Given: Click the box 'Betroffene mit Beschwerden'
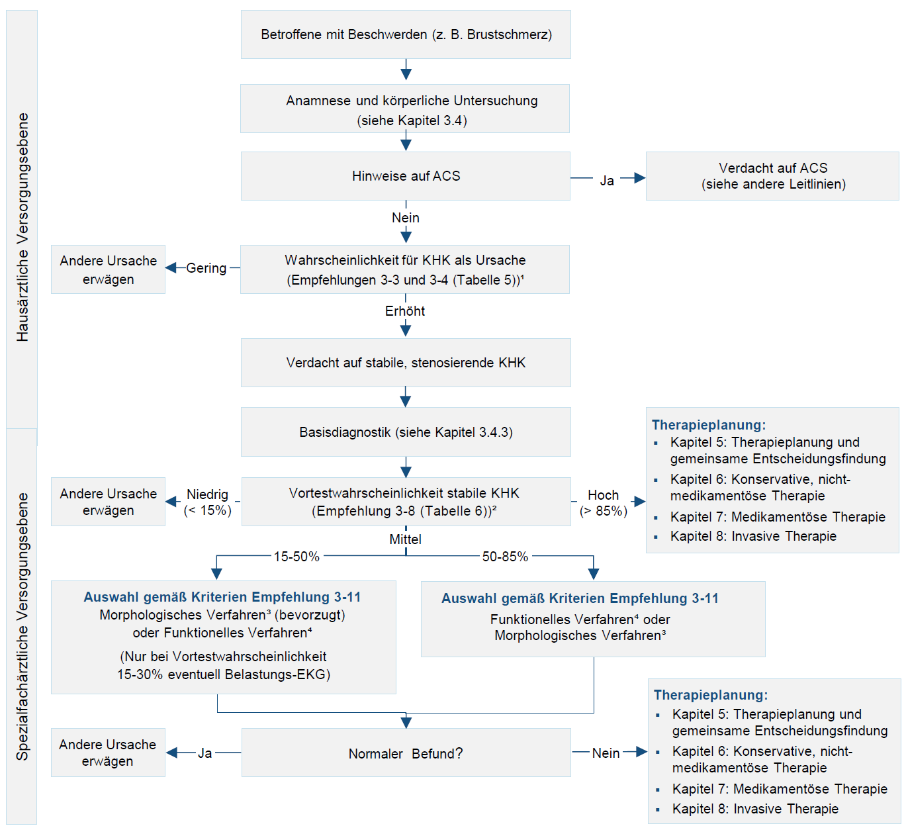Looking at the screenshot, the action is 406,34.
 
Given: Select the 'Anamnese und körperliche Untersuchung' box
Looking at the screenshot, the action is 404,109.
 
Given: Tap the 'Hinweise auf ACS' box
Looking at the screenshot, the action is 406,175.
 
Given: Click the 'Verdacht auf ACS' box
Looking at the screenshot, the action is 772,175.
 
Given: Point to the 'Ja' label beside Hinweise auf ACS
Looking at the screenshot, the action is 607,181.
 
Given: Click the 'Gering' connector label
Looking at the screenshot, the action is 206,268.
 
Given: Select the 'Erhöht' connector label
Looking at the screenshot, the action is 405,311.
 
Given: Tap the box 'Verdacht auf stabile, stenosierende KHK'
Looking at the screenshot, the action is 406,363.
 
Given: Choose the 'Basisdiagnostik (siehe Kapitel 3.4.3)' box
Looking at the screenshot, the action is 406,432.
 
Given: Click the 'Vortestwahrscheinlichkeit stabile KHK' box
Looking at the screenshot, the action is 406,502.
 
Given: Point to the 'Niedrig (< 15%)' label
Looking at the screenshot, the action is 207,502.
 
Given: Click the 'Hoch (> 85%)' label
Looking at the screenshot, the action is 604,503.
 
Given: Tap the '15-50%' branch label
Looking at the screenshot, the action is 296,556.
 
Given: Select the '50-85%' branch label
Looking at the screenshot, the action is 505,556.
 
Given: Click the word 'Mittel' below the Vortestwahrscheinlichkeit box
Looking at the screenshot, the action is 405,539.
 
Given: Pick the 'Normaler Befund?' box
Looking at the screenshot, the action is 406,753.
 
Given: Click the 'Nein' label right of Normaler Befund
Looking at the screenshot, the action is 606,753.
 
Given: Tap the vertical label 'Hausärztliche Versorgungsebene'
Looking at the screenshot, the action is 23,227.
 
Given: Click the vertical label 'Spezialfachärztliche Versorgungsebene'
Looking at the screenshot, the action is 23,627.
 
